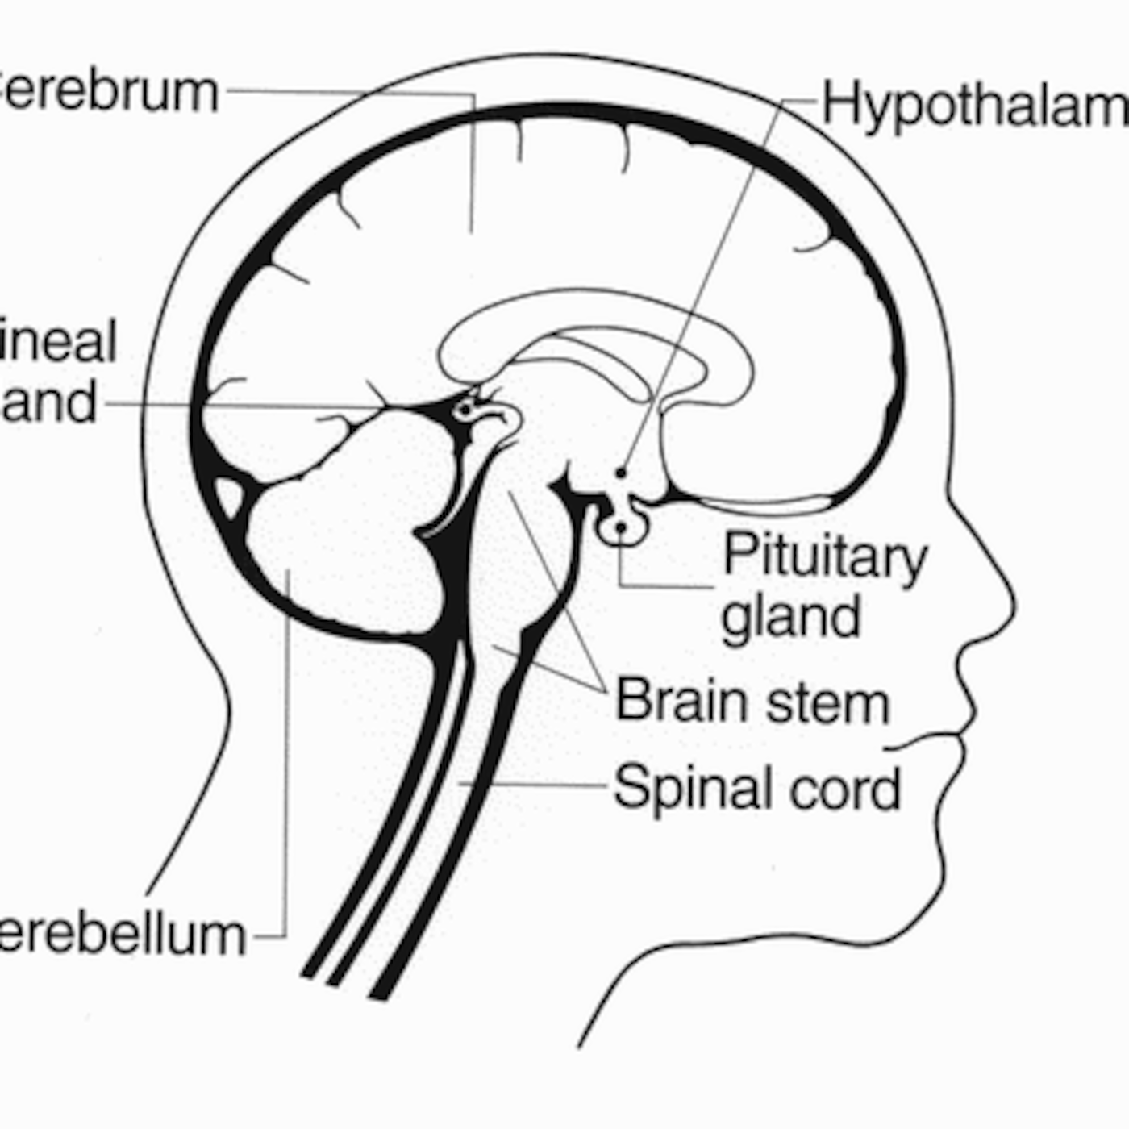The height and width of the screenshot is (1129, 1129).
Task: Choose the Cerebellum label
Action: (121, 936)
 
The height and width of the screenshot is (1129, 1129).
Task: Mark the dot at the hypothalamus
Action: (620, 472)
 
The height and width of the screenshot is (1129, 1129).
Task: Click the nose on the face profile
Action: (1000, 597)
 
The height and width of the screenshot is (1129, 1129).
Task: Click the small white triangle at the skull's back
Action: (227, 496)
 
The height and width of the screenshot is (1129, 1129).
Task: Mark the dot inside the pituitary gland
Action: (620, 528)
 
